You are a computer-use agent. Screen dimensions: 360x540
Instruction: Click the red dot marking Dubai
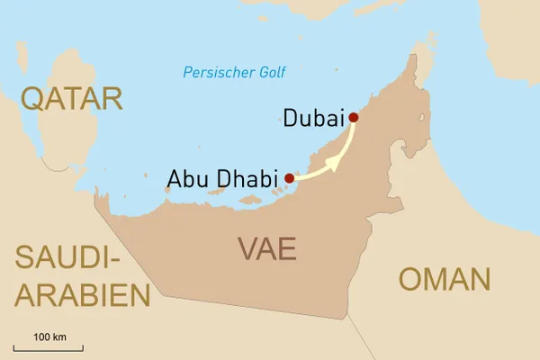click(354, 117)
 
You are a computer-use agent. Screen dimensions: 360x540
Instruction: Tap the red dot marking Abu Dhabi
click(289, 178)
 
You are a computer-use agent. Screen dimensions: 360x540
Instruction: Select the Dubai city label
click(314, 118)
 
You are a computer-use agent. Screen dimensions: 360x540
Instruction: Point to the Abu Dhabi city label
click(221, 178)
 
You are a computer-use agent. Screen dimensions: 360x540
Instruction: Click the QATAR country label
click(71, 98)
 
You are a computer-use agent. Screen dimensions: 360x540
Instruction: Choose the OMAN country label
click(445, 279)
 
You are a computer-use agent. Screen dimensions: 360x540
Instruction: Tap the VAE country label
click(266, 247)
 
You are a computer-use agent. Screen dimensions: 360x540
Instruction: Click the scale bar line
click(49, 347)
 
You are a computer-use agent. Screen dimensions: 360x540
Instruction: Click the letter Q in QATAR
click(34, 99)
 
